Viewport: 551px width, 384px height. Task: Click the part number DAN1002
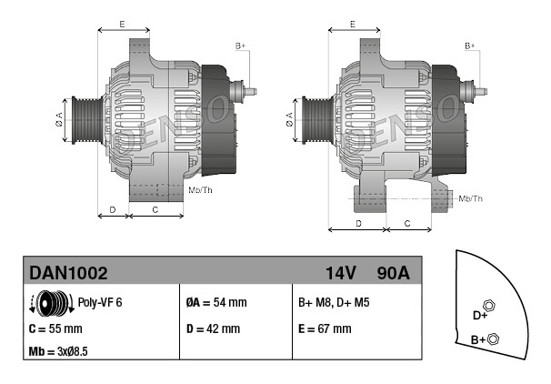pyautogui.click(x=68, y=273)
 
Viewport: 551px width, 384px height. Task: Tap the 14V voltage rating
pyautogui.click(x=340, y=273)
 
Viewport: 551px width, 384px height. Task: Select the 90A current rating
pyautogui.click(x=393, y=273)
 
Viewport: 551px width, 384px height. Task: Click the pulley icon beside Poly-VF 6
pyautogui.click(x=52, y=303)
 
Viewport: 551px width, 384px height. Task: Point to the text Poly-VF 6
pyautogui.click(x=100, y=302)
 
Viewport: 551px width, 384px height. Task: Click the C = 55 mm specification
pyautogui.click(x=55, y=328)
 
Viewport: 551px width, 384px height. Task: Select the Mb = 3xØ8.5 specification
pyautogui.click(x=58, y=351)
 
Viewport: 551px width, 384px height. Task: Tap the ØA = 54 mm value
pyautogui.click(x=216, y=302)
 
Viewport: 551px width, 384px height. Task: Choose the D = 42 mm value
pyautogui.click(x=214, y=328)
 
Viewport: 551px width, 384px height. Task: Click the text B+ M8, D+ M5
pyautogui.click(x=334, y=302)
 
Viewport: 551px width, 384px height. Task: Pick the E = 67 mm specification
pyautogui.click(x=325, y=328)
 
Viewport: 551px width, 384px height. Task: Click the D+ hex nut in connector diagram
pyautogui.click(x=489, y=305)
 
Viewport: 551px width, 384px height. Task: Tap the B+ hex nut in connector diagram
pyautogui.click(x=494, y=339)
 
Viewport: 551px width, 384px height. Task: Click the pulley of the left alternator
pyautogui.click(x=86, y=120)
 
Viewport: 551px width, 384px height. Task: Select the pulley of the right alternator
pyautogui.click(x=317, y=120)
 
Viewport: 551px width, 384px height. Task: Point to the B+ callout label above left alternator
pyautogui.click(x=240, y=46)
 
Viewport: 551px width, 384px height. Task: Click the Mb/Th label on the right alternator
pyautogui.click(x=470, y=198)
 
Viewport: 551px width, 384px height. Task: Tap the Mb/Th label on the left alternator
pyautogui.click(x=200, y=190)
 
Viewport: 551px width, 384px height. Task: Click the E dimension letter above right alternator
pyautogui.click(x=353, y=25)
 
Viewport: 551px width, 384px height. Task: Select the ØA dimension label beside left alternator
pyautogui.click(x=59, y=119)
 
